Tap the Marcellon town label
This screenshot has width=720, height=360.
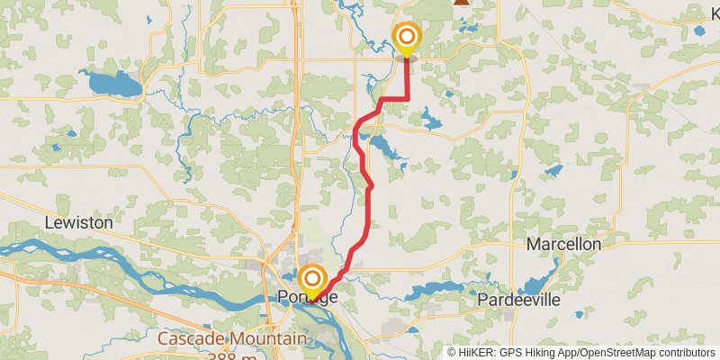click(563, 244)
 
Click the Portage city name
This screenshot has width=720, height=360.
click(309, 298)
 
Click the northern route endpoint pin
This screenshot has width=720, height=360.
click(407, 37)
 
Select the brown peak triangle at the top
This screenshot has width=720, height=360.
click(461, 3)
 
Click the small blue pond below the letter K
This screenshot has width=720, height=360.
click(700, 31)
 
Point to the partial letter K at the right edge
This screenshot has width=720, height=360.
click(715, 13)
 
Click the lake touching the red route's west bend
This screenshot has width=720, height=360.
click(385, 147)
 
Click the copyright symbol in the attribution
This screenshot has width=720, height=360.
click(453, 353)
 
